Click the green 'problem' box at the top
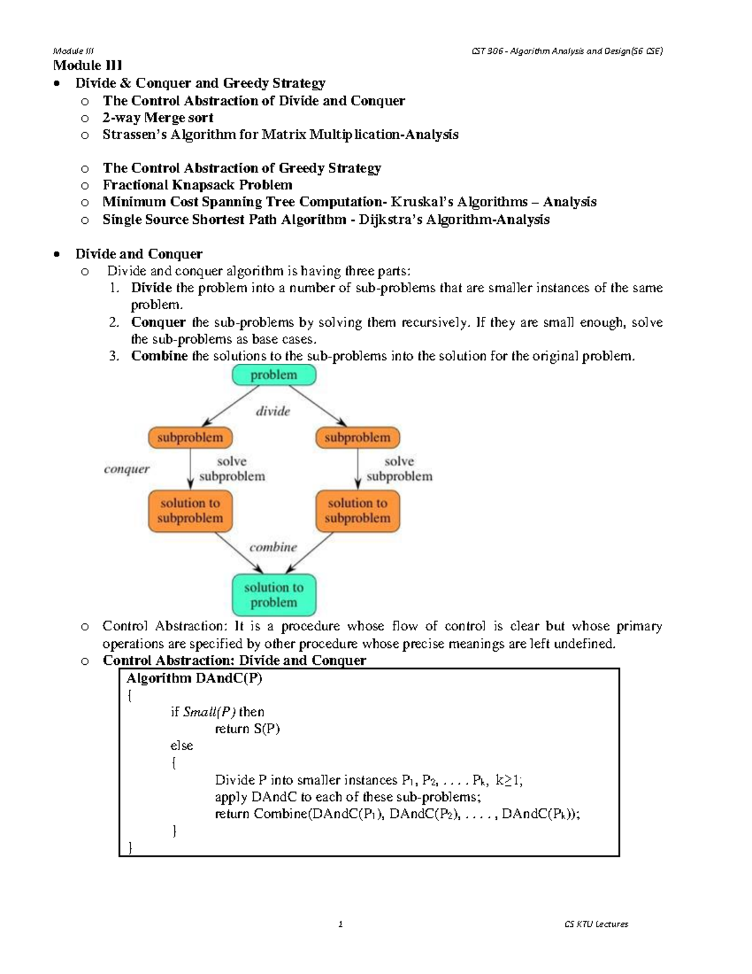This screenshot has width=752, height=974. point(274,375)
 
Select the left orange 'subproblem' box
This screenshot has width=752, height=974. point(190,438)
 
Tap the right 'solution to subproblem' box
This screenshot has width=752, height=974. point(357,511)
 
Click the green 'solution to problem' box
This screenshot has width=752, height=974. point(274,595)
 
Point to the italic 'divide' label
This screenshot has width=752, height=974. point(273,411)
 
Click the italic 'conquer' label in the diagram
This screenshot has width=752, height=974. point(127,469)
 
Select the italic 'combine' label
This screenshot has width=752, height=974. point(273,547)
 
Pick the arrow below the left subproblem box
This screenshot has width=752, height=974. point(190,468)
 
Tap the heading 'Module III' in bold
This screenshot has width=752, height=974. point(88,65)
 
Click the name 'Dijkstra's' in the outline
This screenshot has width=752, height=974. point(386,220)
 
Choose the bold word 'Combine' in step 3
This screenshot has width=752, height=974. point(159,356)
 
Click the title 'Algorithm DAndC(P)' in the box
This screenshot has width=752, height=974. point(194,678)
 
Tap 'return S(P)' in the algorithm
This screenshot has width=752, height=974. point(248,729)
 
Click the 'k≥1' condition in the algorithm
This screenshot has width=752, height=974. point(508,780)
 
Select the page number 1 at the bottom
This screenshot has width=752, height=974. point(340,924)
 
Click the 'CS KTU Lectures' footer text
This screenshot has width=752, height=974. point(596,924)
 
